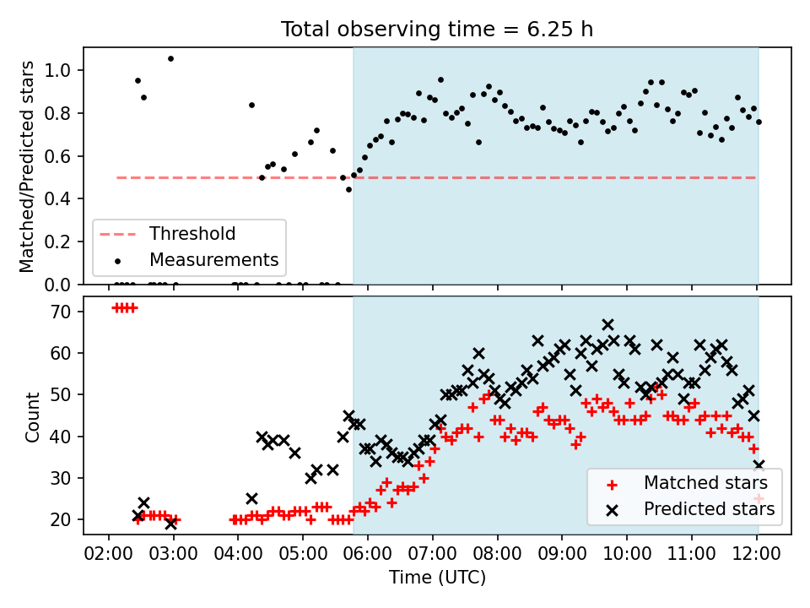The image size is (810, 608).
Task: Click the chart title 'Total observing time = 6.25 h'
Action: tap(437, 30)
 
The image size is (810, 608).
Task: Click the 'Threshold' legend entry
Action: tap(167, 234)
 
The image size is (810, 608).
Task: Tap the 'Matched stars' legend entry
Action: tap(687, 483)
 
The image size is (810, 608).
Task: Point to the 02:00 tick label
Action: tap(108, 554)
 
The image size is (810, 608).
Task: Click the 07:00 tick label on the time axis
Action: tap(432, 554)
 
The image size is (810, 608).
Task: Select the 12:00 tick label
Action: tap(757, 554)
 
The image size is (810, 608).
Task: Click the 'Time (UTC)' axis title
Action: tap(438, 577)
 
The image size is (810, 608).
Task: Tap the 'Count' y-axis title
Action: tap(32, 416)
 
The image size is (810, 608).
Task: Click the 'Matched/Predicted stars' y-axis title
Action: tap(26, 166)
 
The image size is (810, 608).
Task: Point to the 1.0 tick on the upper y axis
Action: tap(58, 70)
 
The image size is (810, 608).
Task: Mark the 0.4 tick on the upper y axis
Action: tap(58, 199)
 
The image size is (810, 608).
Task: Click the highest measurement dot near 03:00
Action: tap(171, 59)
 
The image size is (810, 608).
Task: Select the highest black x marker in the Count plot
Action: tap(608, 324)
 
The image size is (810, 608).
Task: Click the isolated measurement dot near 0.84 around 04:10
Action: tap(251, 105)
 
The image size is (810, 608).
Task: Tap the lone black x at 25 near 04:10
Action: tap(251, 499)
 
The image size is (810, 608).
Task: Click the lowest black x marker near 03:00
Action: tap(171, 524)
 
